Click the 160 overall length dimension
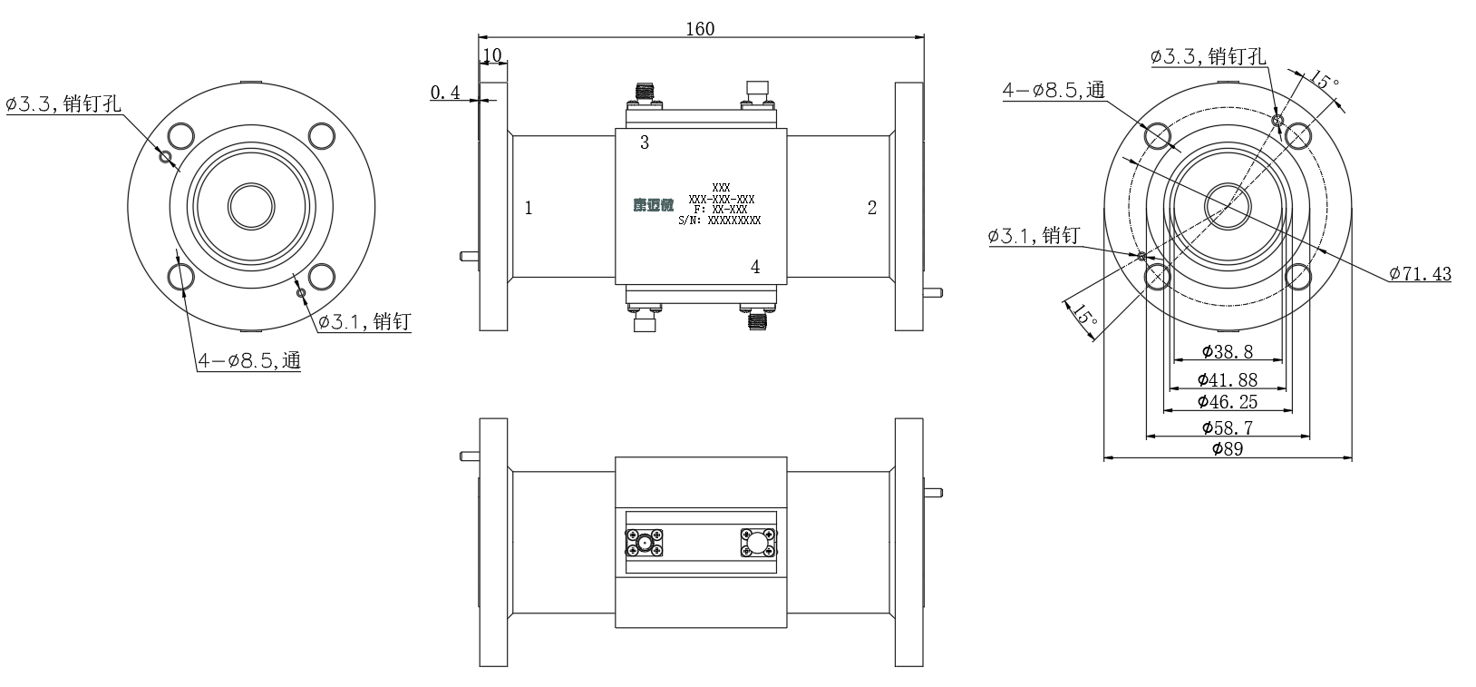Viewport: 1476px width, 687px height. coord(700,29)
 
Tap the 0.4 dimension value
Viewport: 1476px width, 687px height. coord(445,93)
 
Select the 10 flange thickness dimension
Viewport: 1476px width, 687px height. coord(492,55)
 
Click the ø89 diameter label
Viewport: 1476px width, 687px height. coord(1228,449)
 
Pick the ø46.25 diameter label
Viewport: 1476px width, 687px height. coord(1228,401)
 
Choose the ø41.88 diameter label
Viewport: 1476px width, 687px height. coord(1228,379)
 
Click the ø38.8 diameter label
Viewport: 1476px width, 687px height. coord(1228,352)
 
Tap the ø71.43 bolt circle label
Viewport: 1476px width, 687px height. coord(1420,273)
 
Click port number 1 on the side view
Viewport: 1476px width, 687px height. coord(529,209)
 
